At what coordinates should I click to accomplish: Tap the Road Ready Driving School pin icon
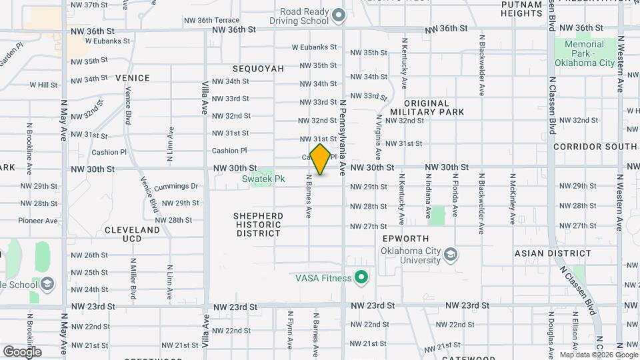[x=338, y=14]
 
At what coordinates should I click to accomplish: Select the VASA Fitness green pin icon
[x=362, y=276]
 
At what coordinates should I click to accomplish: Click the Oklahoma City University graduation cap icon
[x=451, y=255]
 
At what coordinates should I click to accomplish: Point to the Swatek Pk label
[x=263, y=179]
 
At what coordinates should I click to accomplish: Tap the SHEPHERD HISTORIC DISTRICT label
[x=258, y=225]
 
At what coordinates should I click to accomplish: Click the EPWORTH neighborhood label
[x=405, y=239]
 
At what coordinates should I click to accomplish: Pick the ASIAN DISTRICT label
[x=553, y=253]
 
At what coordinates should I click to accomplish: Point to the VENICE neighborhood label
[x=132, y=78]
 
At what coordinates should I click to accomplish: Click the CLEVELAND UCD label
[x=132, y=234]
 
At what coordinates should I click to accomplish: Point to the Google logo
[x=22, y=351]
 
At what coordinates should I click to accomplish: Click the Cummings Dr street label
[x=176, y=186]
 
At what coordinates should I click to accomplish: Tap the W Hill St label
[x=44, y=85]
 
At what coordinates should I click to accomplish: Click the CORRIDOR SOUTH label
[x=595, y=146]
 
